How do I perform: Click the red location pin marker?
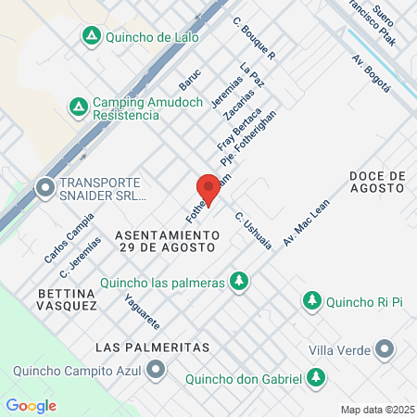209,190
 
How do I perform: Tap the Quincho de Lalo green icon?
91,37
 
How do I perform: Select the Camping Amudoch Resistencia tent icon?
80,107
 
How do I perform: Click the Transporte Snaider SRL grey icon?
44,189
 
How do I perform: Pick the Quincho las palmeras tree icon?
240,280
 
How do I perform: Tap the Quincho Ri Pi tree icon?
312,301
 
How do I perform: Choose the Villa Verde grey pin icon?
385,350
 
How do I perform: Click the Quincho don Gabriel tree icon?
317,377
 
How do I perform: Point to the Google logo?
31,406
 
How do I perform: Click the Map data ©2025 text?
377,410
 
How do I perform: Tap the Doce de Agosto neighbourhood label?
377,182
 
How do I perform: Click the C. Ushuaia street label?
253,230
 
